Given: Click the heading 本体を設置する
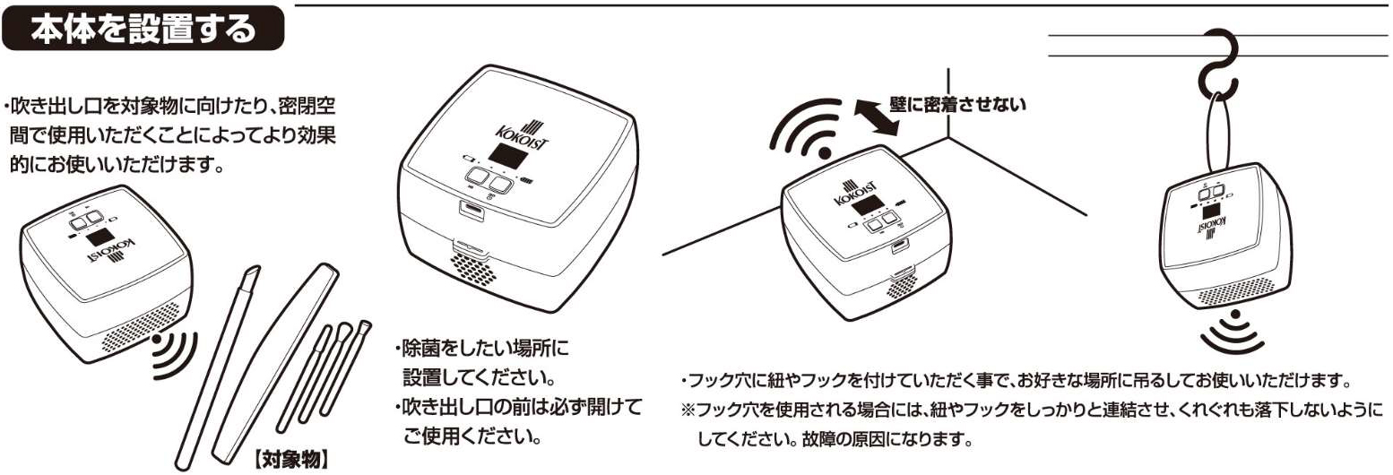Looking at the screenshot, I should tap(143, 30).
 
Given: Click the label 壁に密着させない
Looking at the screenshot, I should tap(957, 105).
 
